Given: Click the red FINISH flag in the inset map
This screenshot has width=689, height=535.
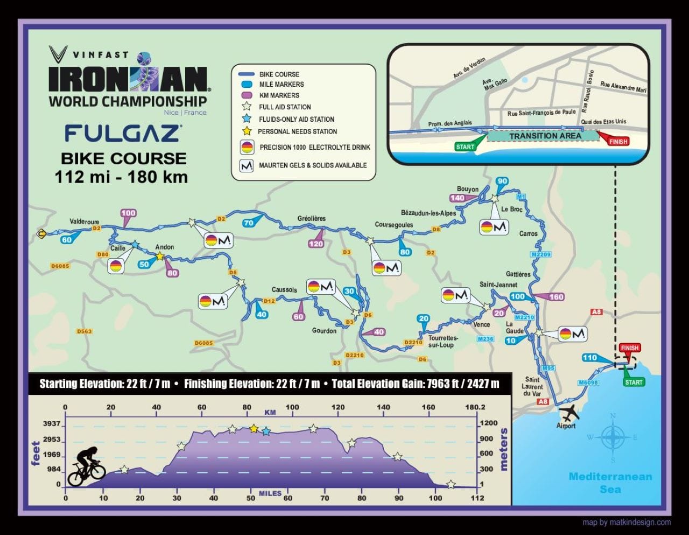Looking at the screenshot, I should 618,141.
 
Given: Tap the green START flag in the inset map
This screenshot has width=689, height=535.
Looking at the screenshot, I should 465,147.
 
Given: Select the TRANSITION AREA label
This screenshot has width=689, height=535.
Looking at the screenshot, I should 545,136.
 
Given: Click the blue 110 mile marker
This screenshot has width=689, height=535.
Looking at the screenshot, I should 590,358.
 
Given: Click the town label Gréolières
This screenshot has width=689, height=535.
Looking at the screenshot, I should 311,218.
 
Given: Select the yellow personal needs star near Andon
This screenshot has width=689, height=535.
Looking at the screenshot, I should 160,256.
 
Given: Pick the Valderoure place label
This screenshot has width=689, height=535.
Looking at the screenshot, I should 85,221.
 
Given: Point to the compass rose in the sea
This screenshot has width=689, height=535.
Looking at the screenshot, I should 612,437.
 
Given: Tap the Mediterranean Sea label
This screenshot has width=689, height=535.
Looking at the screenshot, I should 610,483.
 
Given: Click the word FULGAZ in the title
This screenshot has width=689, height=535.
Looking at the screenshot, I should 123,133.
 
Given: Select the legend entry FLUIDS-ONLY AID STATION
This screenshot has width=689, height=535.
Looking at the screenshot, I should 296,119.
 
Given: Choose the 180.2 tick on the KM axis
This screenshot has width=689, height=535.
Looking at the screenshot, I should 475,407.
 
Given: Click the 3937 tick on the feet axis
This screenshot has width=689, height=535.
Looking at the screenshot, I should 52,424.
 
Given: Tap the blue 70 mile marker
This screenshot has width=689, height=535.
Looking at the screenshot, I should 248,223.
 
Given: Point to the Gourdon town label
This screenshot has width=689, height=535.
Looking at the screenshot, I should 324,330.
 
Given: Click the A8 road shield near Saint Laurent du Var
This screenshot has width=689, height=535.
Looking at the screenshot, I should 543,401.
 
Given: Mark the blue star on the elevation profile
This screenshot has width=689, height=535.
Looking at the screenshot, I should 266,432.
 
